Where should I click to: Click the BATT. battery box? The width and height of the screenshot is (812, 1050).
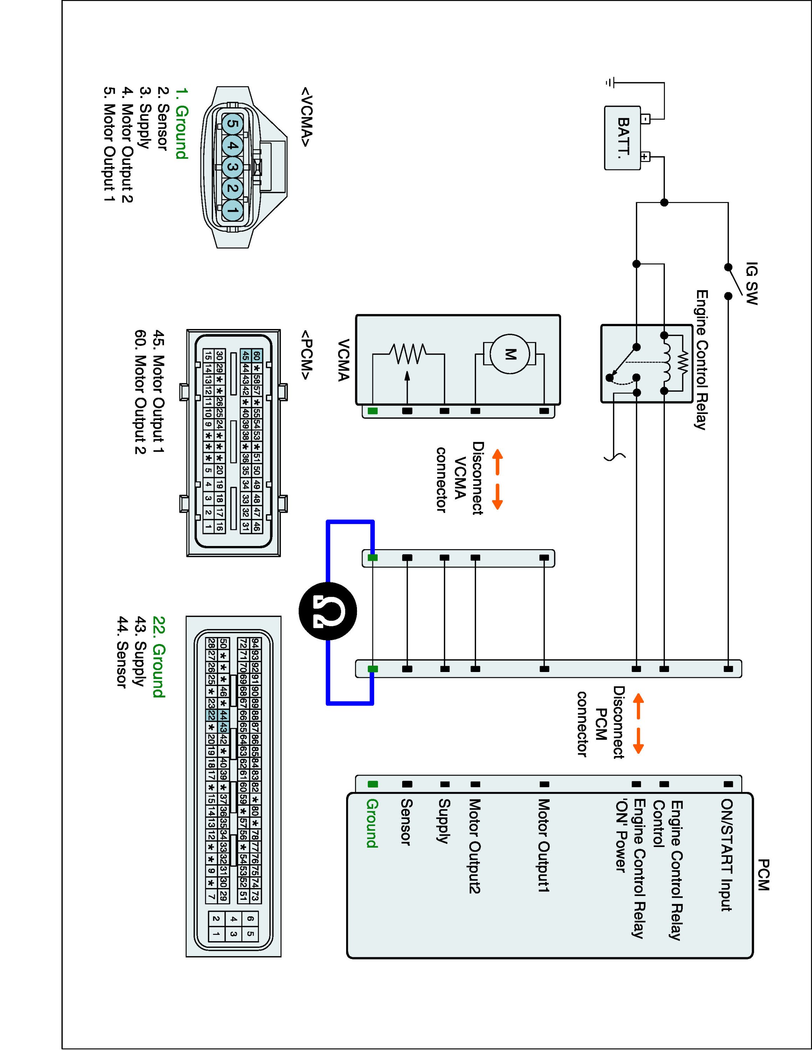(622, 138)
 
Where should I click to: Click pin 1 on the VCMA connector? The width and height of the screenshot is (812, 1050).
(232, 210)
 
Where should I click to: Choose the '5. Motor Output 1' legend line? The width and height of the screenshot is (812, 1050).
(110, 144)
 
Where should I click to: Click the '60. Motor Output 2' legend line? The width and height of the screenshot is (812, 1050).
(140, 392)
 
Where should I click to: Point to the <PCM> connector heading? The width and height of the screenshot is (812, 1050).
(307, 354)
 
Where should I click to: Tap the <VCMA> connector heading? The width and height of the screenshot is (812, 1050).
(307, 117)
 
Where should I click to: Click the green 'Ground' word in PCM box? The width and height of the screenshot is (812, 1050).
(372, 823)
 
